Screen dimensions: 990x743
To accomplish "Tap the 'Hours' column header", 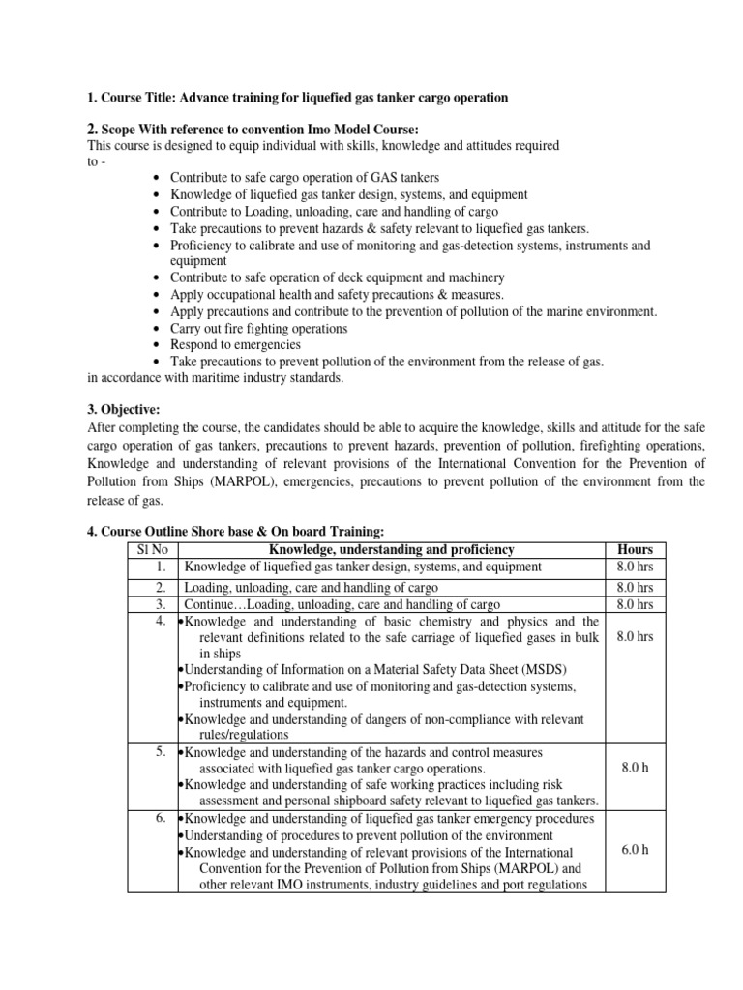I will pos(634,549).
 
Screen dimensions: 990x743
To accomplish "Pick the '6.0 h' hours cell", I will pos(634,851).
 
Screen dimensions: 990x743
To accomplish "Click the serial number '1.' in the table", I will pos(162,568).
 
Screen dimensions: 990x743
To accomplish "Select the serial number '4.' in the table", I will pos(162,622).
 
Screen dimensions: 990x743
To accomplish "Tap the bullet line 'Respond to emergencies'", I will pos(235,344).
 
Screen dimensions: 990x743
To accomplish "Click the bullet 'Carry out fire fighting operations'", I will pos(258,328).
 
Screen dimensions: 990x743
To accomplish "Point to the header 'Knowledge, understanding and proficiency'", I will pos(390,549).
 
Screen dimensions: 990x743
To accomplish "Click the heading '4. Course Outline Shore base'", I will pos(236,531).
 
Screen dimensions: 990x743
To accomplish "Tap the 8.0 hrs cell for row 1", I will pos(634,568).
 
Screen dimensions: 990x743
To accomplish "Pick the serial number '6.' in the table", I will pos(162,819).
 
